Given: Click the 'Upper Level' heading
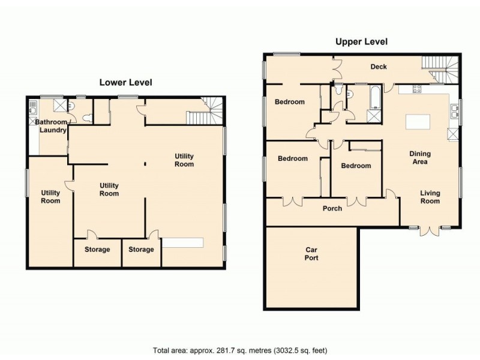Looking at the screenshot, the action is tap(362, 41).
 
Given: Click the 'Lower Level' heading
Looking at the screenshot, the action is tap(125, 82).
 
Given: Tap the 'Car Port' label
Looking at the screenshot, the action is tap(311, 254).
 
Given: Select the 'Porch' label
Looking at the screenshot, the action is tap(332, 208).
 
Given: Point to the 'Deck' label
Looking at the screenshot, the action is tap(379, 67).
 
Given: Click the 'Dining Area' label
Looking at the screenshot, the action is tap(420, 158).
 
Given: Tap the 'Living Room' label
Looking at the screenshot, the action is tap(430, 197).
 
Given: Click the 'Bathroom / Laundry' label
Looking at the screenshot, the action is tap(51, 126).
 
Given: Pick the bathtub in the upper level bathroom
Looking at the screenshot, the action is tap(374, 97).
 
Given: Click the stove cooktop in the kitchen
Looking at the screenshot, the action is tap(416, 89).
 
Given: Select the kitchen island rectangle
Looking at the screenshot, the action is tap(418, 122).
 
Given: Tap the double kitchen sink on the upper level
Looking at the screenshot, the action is tap(454, 111).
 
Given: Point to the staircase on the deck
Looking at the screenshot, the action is tap(440, 70).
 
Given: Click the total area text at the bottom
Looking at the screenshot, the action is tap(240, 350).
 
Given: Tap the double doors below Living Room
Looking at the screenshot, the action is tap(430, 231).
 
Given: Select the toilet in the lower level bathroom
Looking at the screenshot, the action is tap(88, 118).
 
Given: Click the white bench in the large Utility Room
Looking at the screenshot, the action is tap(183, 242).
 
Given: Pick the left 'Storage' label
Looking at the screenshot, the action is tap(97, 250).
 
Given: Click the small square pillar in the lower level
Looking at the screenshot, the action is tap(145, 164).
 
